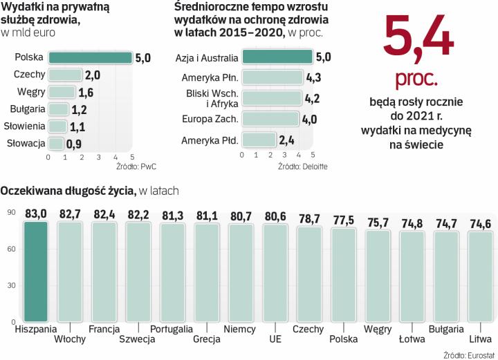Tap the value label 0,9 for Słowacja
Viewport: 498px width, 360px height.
tap(74, 144)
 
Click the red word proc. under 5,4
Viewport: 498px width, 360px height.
tap(416, 80)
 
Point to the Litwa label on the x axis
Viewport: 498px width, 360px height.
tap(479, 339)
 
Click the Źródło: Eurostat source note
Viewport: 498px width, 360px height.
tap(467, 353)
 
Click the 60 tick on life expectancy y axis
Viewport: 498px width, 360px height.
tap(11, 249)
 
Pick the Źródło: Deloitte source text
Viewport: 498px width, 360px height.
tap(302, 167)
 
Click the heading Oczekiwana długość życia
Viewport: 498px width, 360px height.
tap(68, 189)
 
